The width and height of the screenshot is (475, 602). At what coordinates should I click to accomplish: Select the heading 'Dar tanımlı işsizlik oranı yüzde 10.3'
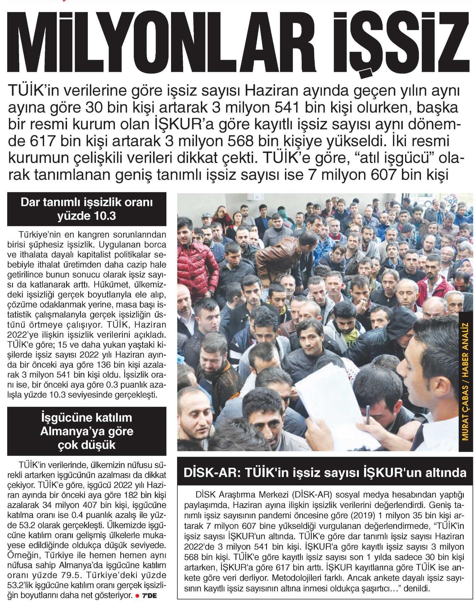87,209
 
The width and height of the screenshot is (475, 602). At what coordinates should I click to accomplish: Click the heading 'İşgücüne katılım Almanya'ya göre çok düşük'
87,431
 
